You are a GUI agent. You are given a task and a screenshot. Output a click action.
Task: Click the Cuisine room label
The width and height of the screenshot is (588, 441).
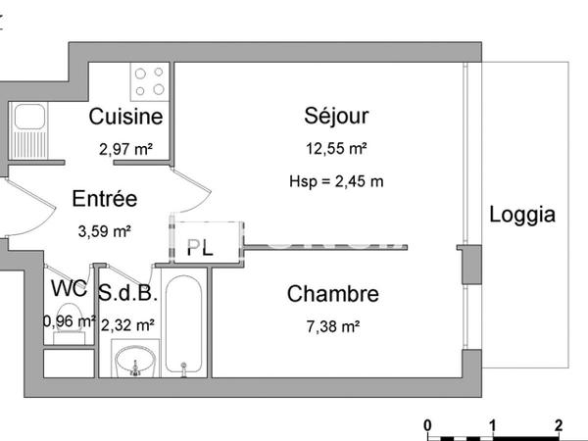[125, 118]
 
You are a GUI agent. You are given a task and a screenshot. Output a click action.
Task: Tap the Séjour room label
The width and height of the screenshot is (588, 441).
[336, 117]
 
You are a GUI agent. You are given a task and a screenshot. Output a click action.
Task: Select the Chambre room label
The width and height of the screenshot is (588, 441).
[332, 293]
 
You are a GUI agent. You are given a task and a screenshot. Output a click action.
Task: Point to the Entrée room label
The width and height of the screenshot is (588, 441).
[104, 199]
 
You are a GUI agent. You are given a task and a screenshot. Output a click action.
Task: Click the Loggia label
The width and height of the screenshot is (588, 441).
[522, 215]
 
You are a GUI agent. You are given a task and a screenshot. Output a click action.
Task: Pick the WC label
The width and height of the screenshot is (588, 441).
[68, 290]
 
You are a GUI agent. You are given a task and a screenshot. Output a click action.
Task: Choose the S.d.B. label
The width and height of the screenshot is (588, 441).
[127, 291]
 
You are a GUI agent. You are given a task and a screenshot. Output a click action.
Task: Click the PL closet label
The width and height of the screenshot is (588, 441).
[199, 248]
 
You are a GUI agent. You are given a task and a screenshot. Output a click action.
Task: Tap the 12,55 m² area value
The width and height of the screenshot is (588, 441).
[336, 149]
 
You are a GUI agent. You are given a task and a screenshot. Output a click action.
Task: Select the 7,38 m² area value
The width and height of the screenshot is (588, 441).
[333, 325]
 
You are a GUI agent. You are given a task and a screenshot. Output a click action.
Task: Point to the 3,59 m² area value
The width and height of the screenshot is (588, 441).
[104, 232]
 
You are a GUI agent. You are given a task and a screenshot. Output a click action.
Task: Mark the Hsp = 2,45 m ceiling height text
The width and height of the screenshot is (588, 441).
[336, 181]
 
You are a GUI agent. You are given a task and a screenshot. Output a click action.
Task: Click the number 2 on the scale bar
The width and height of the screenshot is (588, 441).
[557, 425]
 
